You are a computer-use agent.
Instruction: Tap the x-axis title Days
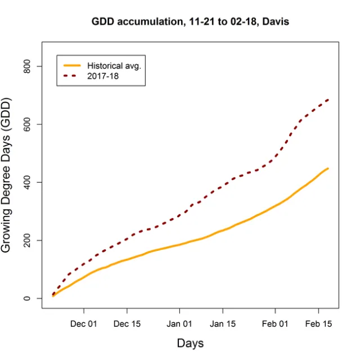(190, 343)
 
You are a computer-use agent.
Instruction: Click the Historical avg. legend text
(114, 66)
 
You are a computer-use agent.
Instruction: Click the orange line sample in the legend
(72, 66)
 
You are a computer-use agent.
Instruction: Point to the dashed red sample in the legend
(72, 76)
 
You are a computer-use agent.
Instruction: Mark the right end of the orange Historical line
(328, 168)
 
